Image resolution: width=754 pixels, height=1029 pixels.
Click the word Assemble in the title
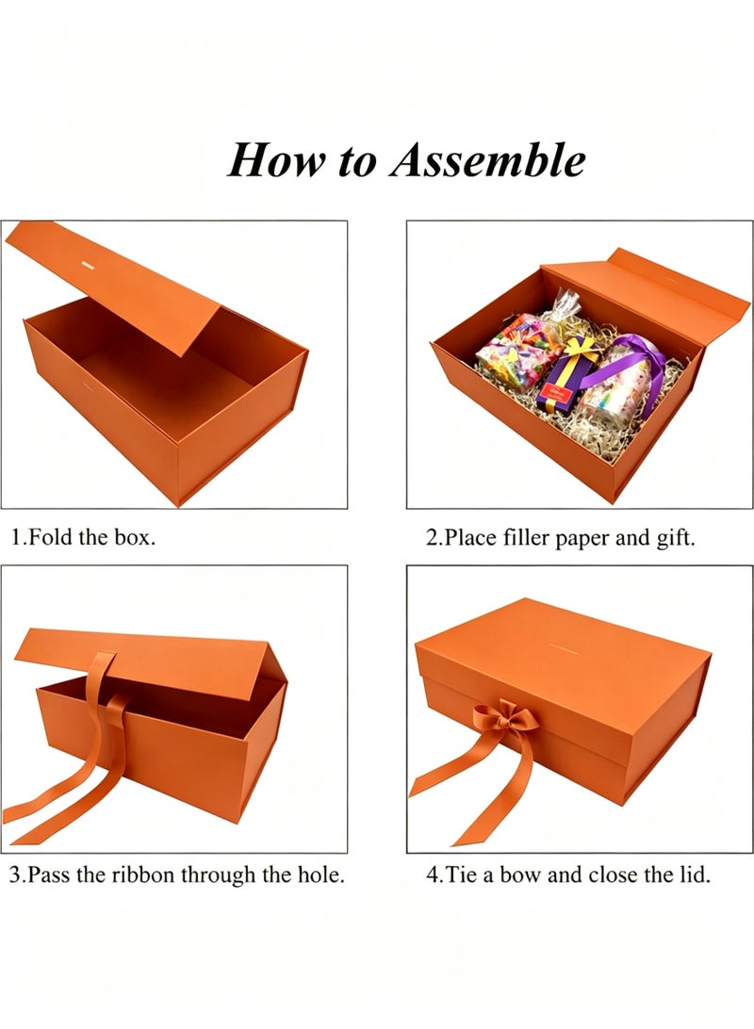487,159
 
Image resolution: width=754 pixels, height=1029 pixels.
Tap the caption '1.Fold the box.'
83,537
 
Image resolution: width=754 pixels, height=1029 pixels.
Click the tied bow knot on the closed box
505,716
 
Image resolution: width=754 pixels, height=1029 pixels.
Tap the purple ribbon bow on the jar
629,365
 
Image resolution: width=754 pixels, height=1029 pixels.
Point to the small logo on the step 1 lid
89,265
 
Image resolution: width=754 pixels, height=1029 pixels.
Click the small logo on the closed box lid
562,652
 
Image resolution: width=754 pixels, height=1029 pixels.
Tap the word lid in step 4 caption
695,874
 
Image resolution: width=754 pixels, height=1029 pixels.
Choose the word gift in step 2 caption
675,537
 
